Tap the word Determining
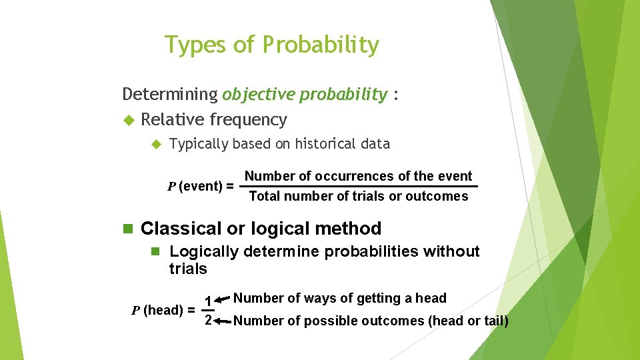[170, 95]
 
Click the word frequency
[248, 120]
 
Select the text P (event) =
[200, 186]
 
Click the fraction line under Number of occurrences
[359, 186]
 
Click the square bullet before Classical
[128, 229]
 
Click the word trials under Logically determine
[188, 269]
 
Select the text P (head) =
[163, 310]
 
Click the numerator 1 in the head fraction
[208, 301]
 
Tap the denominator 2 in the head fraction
[208, 321]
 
